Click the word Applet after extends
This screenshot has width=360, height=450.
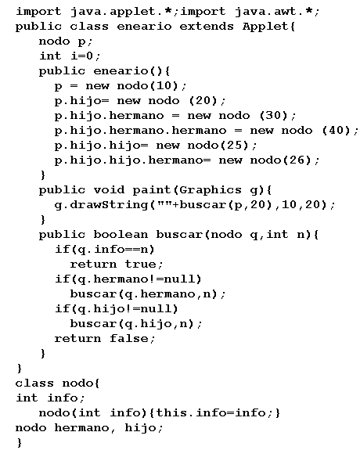265,27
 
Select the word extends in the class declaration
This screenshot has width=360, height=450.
207,27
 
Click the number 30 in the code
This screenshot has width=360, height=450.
273,115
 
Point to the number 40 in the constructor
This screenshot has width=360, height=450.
336,130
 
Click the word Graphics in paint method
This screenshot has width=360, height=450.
211,190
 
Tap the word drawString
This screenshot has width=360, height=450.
109,205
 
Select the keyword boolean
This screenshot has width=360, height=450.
121,235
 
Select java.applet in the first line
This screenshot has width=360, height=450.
113,12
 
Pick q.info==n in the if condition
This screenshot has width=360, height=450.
113,250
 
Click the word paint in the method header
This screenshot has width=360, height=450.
152,190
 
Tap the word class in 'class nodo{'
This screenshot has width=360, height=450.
34,383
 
